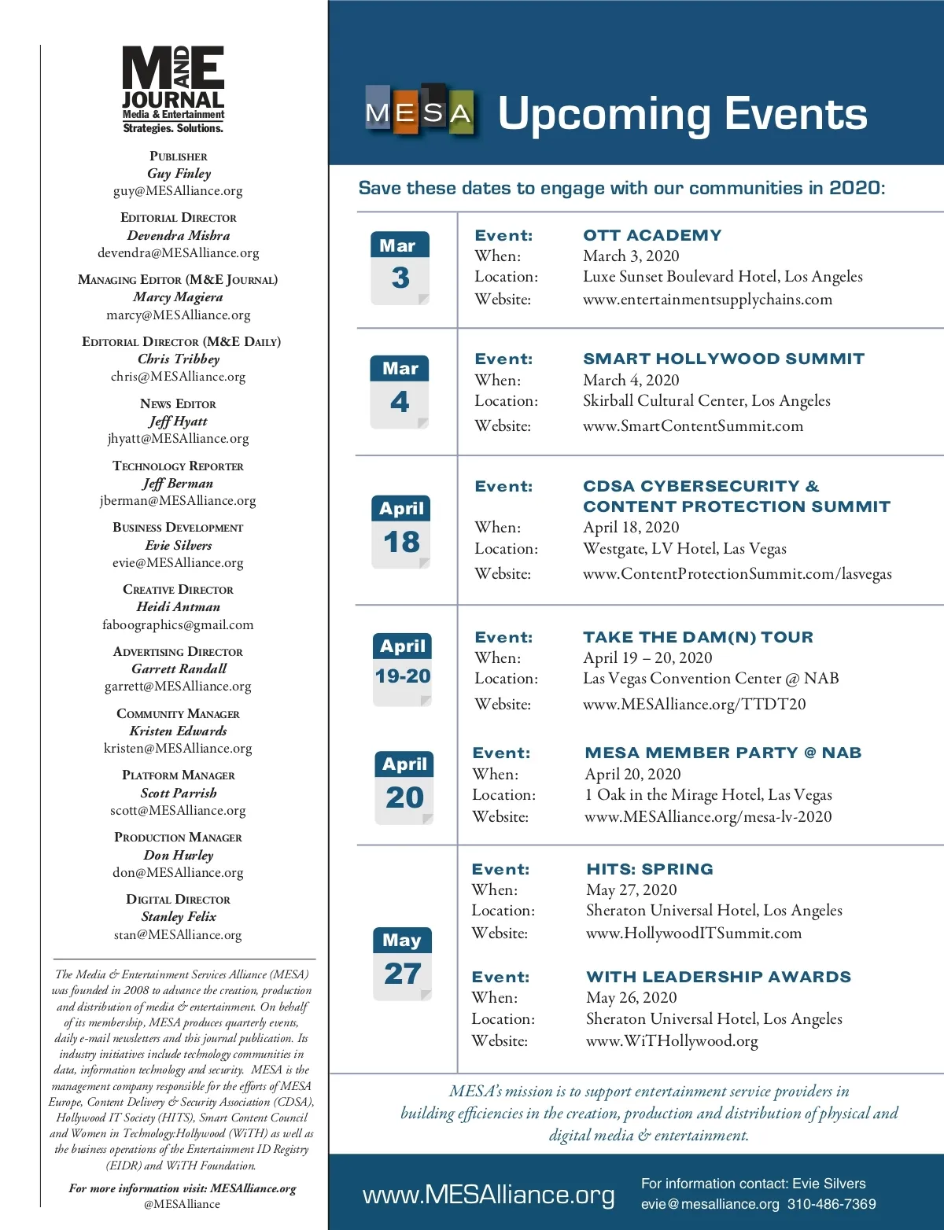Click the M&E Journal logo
click(x=173, y=89)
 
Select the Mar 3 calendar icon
click(x=400, y=267)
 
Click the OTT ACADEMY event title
click(x=652, y=235)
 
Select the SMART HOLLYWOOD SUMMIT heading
click(x=723, y=359)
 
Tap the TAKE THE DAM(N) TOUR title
click(x=698, y=637)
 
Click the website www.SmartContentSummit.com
click(x=692, y=425)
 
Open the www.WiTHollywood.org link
click(x=672, y=1041)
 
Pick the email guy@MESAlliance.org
click(x=178, y=191)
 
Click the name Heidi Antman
click(x=178, y=607)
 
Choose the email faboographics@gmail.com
click(x=178, y=625)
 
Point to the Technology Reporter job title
click(x=178, y=466)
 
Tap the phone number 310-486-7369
click(x=832, y=1204)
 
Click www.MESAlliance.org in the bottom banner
click(x=489, y=1195)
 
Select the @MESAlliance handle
click(x=182, y=1204)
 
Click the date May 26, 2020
click(x=631, y=998)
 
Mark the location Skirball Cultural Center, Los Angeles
click(x=706, y=401)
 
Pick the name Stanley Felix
click(x=179, y=917)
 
